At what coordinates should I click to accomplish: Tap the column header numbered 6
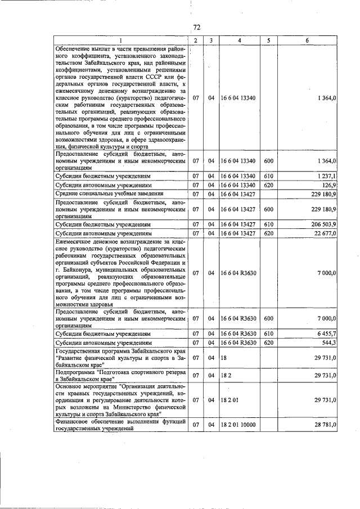click(x=307, y=40)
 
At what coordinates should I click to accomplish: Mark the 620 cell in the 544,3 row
click(x=268, y=342)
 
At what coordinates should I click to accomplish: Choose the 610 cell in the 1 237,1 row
click(x=268, y=175)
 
